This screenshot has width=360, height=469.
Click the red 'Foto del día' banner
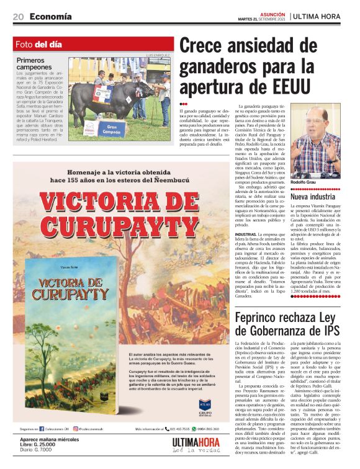pyautogui.click(x=92, y=45)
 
